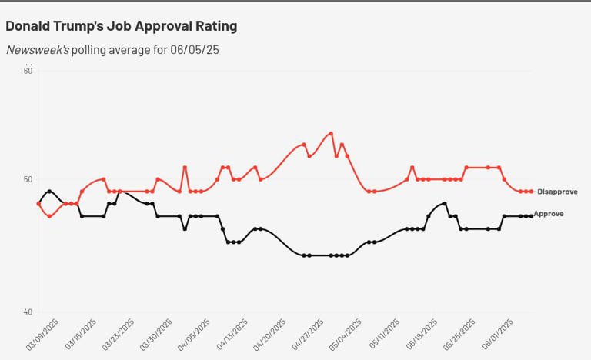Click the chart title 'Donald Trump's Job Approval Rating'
click(x=122, y=26)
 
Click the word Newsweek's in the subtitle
click(x=37, y=50)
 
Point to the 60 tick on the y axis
click(x=28, y=71)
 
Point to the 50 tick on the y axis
click(x=28, y=180)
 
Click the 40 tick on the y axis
click(x=28, y=312)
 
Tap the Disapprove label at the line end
click(x=557, y=192)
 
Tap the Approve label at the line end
click(x=549, y=214)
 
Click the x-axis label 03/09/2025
click(x=43, y=335)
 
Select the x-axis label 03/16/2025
click(x=81, y=335)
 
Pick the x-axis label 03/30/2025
click(x=156, y=335)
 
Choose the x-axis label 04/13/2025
click(x=232, y=335)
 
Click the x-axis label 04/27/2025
click(x=307, y=335)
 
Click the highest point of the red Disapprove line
click(x=331, y=133)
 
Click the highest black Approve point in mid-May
click(x=445, y=203)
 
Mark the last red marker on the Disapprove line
click(x=531, y=192)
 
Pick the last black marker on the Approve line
click(x=531, y=216)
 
